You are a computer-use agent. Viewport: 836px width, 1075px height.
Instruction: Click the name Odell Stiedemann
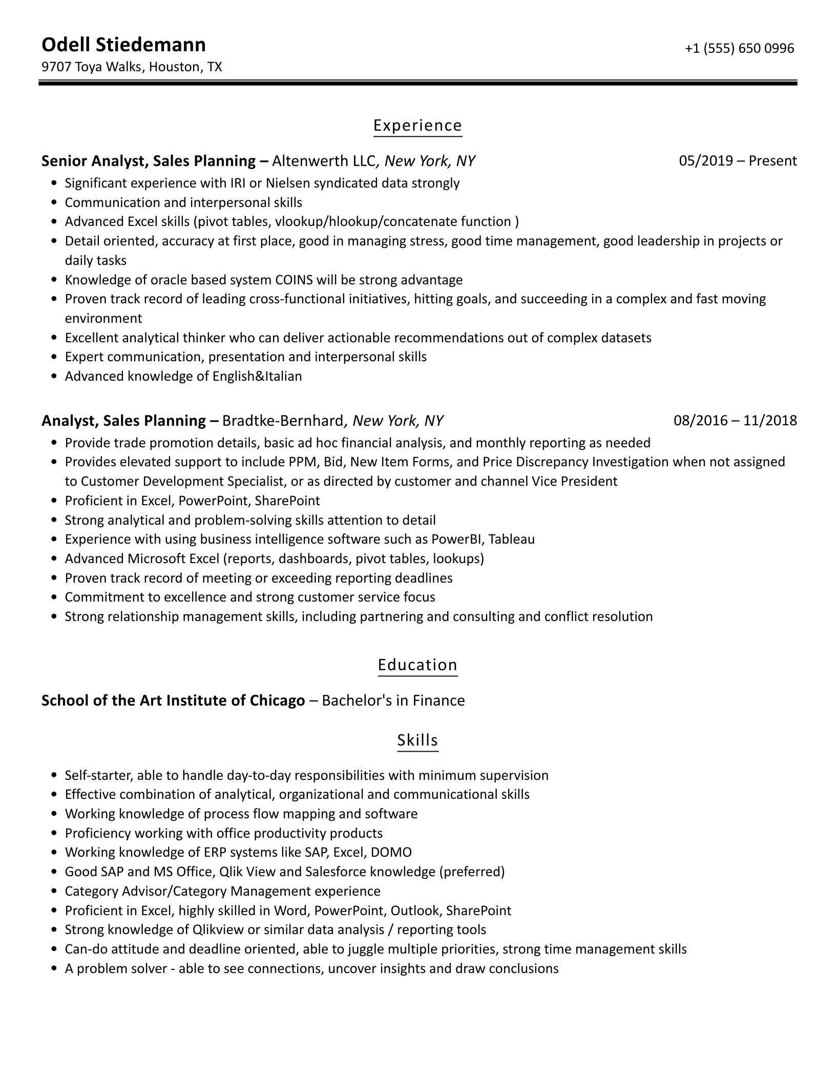[x=123, y=45]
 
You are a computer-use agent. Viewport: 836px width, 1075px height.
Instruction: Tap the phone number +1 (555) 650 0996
[x=739, y=48]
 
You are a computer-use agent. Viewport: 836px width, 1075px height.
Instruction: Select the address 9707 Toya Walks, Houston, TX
[x=132, y=67]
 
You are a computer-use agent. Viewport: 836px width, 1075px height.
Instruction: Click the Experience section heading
[x=417, y=126]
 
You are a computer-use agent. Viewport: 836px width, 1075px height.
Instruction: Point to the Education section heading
[x=417, y=665]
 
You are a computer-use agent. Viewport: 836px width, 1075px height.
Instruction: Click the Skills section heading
[x=417, y=740]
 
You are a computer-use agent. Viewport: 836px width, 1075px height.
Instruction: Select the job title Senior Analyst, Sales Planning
[x=149, y=161]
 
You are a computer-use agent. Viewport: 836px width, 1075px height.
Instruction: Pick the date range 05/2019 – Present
[x=738, y=161]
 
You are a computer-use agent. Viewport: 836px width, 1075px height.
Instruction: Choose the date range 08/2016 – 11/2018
[x=735, y=421]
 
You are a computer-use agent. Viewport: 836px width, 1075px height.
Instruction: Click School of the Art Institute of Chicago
[x=173, y=700]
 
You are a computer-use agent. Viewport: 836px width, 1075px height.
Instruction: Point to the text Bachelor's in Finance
[x=393, y=700]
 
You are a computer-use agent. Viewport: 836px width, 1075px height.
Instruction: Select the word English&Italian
[x=257, y=377]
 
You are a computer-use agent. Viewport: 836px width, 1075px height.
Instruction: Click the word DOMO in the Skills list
[x=391, y=852]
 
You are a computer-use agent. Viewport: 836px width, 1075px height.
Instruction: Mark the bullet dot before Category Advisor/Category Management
[x=54, y=892]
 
